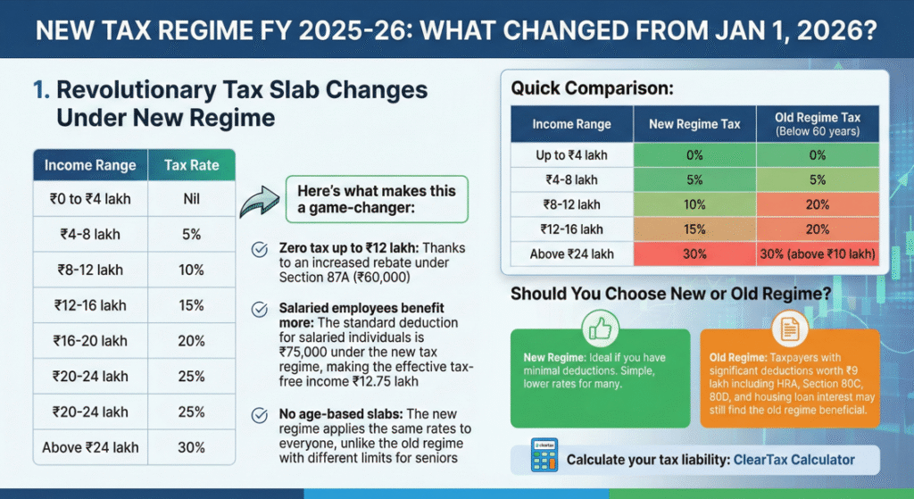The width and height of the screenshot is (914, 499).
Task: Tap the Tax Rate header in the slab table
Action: tap(190, 165)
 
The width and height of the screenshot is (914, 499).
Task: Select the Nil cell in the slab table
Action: tap(190, 198)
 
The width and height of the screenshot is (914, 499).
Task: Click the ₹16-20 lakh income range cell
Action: tap(90, 341)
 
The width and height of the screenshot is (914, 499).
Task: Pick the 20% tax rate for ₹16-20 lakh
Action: tap(190, 341)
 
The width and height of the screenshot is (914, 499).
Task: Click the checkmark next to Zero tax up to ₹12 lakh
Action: tap(260, 250)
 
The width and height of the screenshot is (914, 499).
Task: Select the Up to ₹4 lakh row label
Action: tap(571, 155)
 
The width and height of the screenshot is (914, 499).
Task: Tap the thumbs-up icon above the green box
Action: tap(600, 329)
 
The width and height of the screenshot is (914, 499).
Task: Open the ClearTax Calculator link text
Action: tap(794, 461)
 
